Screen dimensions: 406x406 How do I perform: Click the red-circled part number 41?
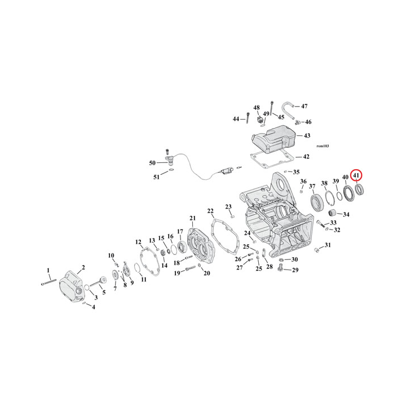[356, 175]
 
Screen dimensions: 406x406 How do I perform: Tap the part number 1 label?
[48, 270]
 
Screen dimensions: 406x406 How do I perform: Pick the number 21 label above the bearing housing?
[192, 218]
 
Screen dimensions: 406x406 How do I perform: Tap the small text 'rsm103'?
[323, 146]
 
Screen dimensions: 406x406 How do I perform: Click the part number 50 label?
[152, 163]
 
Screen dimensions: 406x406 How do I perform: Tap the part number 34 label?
[346, 214]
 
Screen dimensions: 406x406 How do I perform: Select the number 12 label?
[138, 242]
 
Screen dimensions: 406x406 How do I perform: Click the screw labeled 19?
[189, 269]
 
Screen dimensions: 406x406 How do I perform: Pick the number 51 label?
[157, 177]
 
